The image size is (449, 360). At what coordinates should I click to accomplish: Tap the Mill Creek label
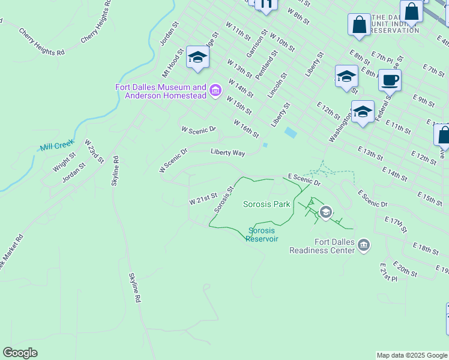pos(56,145)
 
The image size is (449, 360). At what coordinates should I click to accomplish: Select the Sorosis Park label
pos(267,204)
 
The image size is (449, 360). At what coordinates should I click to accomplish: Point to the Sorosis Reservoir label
pos(264,234)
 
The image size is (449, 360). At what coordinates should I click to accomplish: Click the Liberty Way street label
pos(228,153)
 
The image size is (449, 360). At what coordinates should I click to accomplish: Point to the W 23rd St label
pos(94,152)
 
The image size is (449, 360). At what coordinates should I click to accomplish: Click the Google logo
pos(20,353)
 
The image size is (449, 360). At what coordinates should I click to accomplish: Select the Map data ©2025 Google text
pos(411,355)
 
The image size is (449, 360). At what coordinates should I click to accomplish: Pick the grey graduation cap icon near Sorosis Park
pos(326,211)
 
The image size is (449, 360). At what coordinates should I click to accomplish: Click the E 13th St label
pos(370,153)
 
